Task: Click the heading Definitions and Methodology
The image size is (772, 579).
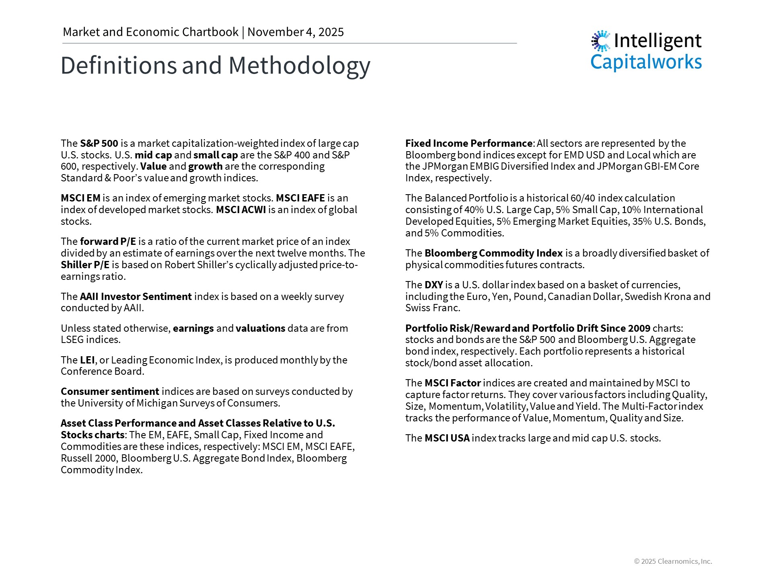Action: [x=215, y=66]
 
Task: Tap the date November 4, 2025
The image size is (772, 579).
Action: [x=296, y=32]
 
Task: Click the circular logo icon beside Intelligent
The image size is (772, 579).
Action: [x=601, y=41]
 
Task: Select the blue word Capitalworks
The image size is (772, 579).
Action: [x=646, y=62]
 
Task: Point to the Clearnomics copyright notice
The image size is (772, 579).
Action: [x=673, y=561]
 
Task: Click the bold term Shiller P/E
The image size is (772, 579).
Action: [x=85, y=265]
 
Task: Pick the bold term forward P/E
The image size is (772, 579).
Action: [x=108, y=241]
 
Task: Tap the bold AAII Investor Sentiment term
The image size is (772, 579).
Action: [x=136, y=296]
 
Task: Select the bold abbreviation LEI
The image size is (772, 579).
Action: [x=87, y=360]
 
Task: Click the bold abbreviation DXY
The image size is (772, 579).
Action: [x=433, y=285]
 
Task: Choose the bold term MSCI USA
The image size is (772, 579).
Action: [x=447, y=438]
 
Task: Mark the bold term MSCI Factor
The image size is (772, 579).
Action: [x=452, y=383]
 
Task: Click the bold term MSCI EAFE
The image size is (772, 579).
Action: [x=300, y=198]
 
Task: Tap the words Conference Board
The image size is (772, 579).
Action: [x=102, y=371]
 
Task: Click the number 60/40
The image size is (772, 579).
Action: [x=583, y=198]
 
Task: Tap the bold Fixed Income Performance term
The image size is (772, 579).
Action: [x=468, y=143]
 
